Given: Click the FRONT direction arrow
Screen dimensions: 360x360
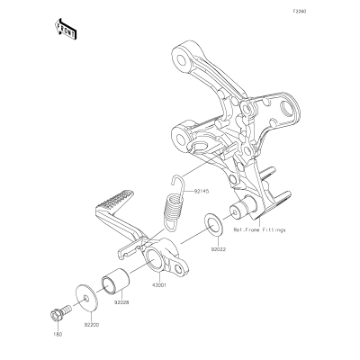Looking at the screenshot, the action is point(65,29).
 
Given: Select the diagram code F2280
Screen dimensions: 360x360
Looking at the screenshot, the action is point(300,12).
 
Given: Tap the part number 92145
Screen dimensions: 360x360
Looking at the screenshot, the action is point(193,191).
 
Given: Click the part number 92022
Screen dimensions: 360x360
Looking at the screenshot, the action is point(218,249).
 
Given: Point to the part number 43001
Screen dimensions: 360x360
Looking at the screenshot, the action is point(158,284).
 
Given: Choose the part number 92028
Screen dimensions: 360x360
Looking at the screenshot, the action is point(121,303).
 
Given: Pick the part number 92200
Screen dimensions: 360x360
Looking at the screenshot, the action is point(92,325).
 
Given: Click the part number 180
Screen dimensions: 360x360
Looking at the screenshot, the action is point(58,335).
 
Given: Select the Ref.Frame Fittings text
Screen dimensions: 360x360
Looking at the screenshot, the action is point(259,230).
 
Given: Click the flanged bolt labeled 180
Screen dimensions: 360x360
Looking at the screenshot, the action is point(59,313).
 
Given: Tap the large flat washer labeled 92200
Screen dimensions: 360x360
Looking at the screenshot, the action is point(85,298).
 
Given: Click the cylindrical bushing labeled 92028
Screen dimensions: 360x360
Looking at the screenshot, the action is point(115,283).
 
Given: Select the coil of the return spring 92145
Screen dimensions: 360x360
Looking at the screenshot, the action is point(175,208).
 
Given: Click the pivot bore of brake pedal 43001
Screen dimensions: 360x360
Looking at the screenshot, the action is point(155,258).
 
